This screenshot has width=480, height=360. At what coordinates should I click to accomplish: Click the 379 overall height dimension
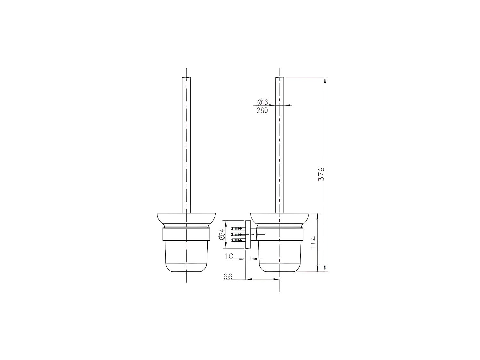pyautogui.click(x=321, y=174)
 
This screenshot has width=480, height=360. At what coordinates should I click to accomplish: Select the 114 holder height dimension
pyautogui.click(x=314, y=243)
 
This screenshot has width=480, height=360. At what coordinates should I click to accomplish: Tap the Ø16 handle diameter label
pyautogui.click(x=262, y=102)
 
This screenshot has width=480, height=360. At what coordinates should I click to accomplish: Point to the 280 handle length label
pyautogui.click(x=262, y=111)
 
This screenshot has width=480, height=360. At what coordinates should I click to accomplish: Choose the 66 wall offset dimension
pyautogui.click(x=228, y=276)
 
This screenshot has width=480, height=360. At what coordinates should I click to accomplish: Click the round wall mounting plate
pyautogui.click(x=248, y=234)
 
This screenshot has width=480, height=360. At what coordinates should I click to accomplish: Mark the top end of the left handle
pyautogui.click(x=186, y=77)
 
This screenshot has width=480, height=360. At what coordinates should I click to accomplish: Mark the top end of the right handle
pyautogui.click(x=280, y=77)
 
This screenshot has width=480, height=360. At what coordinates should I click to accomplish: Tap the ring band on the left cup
pyautogui.click(x=186, y=235)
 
